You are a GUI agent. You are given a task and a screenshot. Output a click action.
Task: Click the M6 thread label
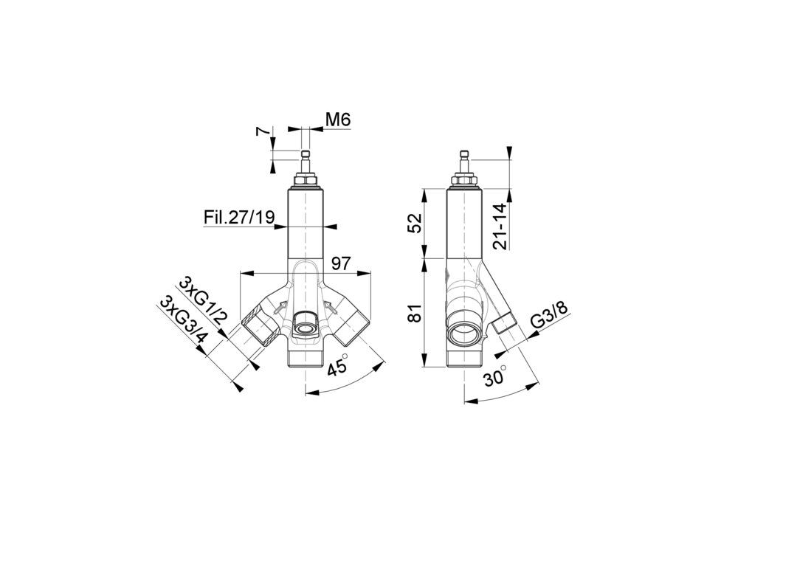338,120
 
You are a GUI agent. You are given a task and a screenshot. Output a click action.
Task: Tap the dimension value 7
262,131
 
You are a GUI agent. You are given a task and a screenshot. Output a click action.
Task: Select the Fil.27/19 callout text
239,218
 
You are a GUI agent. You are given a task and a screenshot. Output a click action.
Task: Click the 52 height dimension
415,223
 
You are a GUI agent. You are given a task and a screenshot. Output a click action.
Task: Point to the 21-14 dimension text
500,227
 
